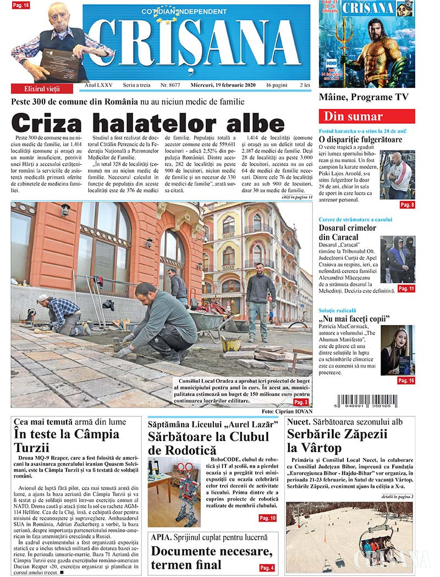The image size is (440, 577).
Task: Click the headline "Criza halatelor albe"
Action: pos(148,123)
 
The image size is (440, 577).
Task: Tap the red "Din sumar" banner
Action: pos(367,117)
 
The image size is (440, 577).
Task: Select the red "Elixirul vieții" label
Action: pos(42,89)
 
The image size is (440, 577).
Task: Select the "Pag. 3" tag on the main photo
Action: pos(301,402)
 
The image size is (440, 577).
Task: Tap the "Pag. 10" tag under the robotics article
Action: pos(267,518)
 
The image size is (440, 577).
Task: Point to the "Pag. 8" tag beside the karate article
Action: pos(407,205)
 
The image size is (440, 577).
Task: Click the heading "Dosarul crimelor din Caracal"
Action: pos(340,232)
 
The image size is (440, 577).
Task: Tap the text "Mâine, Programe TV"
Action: pos(364,97)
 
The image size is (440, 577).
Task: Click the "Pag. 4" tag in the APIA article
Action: pos(267,568)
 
